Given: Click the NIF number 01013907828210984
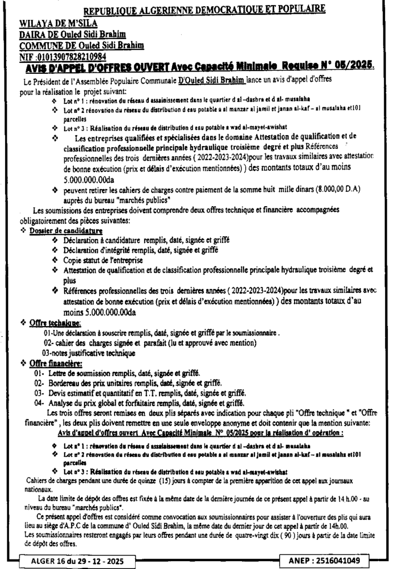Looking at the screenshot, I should click(71, 57).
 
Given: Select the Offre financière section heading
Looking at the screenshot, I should click(56, 364).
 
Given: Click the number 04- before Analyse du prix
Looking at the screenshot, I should click(39, 402).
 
